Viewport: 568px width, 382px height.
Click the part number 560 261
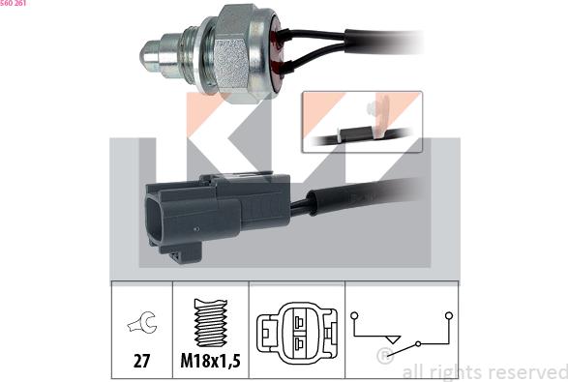pos(14,4)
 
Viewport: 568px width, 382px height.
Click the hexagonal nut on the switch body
pos(235,51)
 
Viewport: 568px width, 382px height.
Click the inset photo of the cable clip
pos(361,122)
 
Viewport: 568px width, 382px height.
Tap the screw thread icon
pos(210,322)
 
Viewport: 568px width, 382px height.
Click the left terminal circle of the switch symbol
pos(355,315)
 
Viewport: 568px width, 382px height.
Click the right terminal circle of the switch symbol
pos(448,315)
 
